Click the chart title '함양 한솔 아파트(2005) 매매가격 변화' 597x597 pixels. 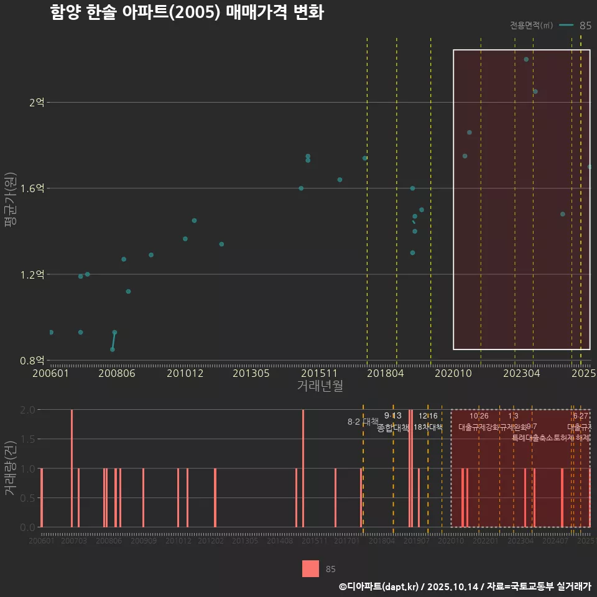pyautogui.click(x=187, y=13)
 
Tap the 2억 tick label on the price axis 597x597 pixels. pyautogui.click(x=37, y=103)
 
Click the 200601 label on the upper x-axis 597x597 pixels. pyautogui.click(x=50, y=373)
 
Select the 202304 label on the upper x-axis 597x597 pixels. pyautogui.click(x=521, y=373)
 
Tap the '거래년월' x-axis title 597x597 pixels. pyautogui.click(x=320, y=386)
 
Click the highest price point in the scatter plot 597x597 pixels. pyautogui.click(x=526, y=60)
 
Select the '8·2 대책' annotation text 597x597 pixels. pyautogui.click(x=363, y=422)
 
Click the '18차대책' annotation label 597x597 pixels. pyautogui.click(x=428, y=427)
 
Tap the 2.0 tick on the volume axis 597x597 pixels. pyautogui.click(x=27, y=410)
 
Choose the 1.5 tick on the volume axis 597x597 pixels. pyautogui.click(x=27, y=439)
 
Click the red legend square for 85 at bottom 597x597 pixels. pyautogui.click(x=310, y=568)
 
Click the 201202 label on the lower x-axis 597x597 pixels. pyautogui.click(x=211, y=541)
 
